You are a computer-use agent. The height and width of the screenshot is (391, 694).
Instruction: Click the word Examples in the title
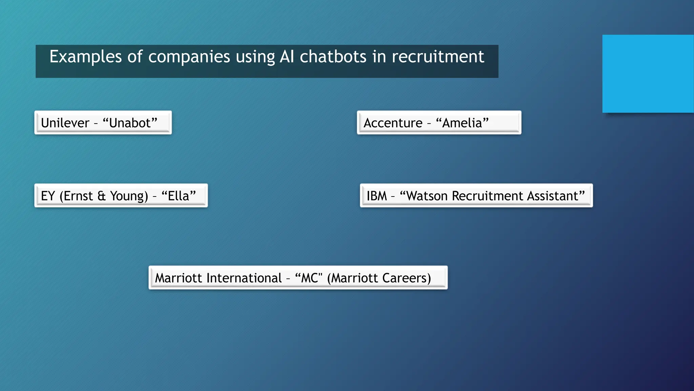coord(85,57)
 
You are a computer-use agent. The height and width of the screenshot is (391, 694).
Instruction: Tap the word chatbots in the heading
coord(333,57)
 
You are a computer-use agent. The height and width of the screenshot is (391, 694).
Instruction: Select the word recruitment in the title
coord(438,57)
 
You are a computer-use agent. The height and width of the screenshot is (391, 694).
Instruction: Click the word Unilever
coord(65,123)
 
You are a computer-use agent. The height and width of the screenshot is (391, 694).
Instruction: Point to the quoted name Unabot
coord(130,123)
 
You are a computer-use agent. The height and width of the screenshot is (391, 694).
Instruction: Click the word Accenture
coord(393,123)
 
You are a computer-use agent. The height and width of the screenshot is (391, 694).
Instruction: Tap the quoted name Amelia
coord(462,123)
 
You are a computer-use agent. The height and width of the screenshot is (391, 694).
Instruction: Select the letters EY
coord(48,196)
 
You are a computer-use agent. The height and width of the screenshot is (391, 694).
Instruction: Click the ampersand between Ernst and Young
coord(101,196)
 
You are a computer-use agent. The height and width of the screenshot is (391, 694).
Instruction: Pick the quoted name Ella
coord(179,196)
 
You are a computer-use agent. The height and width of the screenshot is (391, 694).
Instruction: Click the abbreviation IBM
coord(376,196)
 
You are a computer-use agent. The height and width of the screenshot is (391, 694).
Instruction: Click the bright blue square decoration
coord(648,74)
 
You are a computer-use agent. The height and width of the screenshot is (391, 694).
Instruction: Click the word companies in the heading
coord(189,57)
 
